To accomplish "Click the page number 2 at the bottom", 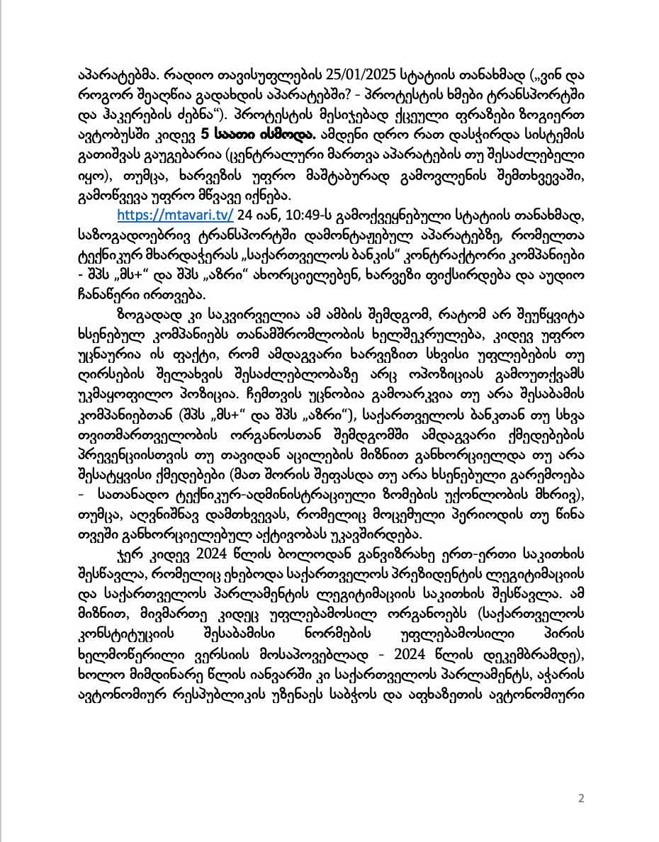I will [581, 799].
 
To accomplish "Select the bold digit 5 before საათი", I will [205, 133].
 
